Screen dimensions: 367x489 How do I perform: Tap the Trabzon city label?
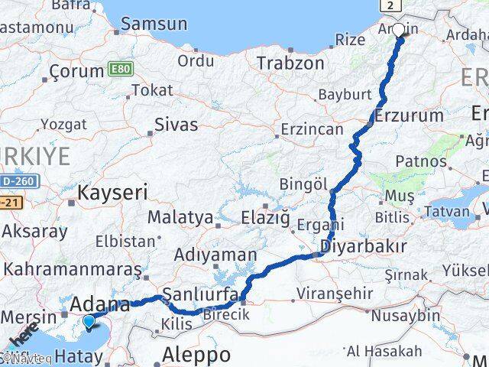pyautogui.click(x=290, y=63)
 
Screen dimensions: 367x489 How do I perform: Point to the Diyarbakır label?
pyautogui.click(x=364, y=246)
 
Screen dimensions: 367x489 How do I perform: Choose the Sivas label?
pyautogui.click(x=176, y=124)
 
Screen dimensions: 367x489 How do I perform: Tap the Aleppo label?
pyautogui.click(x=197, y=355)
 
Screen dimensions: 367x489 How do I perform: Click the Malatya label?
pyautogui.click(x=180, y=217)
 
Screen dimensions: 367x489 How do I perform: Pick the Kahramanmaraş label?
pyautogui.click(x=73, y=269)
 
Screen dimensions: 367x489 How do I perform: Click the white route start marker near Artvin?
pyautogui.click(x=398, y=31)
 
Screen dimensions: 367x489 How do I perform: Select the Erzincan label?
pyautogui.click(x=312, y=129)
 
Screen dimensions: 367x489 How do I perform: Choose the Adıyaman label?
pyautogui.click(x=215, y=254)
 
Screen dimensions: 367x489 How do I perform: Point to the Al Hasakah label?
pyautogui.click(x=384, y=351)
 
